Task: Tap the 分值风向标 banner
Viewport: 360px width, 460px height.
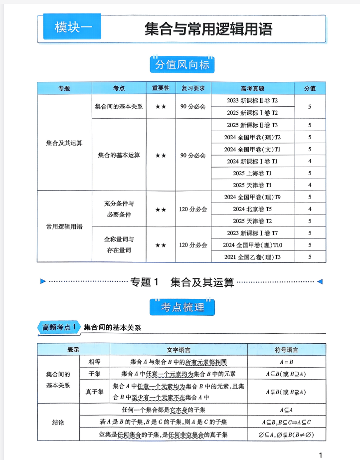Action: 182,65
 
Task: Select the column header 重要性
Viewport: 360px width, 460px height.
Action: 161,88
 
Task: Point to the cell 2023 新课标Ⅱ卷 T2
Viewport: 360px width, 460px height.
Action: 252,100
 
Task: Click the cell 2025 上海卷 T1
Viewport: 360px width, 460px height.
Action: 252,173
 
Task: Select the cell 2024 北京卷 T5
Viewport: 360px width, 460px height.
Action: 252,209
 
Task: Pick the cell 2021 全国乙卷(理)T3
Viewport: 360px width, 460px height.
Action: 252,257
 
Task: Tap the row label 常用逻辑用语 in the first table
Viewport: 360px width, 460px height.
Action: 64,227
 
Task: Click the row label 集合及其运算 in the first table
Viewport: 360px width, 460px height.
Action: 64,143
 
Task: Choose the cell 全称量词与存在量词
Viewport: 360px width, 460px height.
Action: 119,245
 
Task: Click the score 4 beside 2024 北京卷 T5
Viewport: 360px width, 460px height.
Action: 310,209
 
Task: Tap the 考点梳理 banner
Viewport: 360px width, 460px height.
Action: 182,308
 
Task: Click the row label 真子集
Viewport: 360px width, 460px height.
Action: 94,392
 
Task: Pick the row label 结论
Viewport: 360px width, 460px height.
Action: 58,423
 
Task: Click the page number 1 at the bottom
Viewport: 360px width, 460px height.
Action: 321,455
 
